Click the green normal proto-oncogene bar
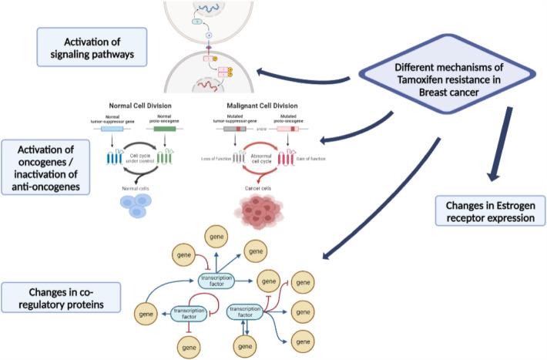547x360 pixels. (163, 129)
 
